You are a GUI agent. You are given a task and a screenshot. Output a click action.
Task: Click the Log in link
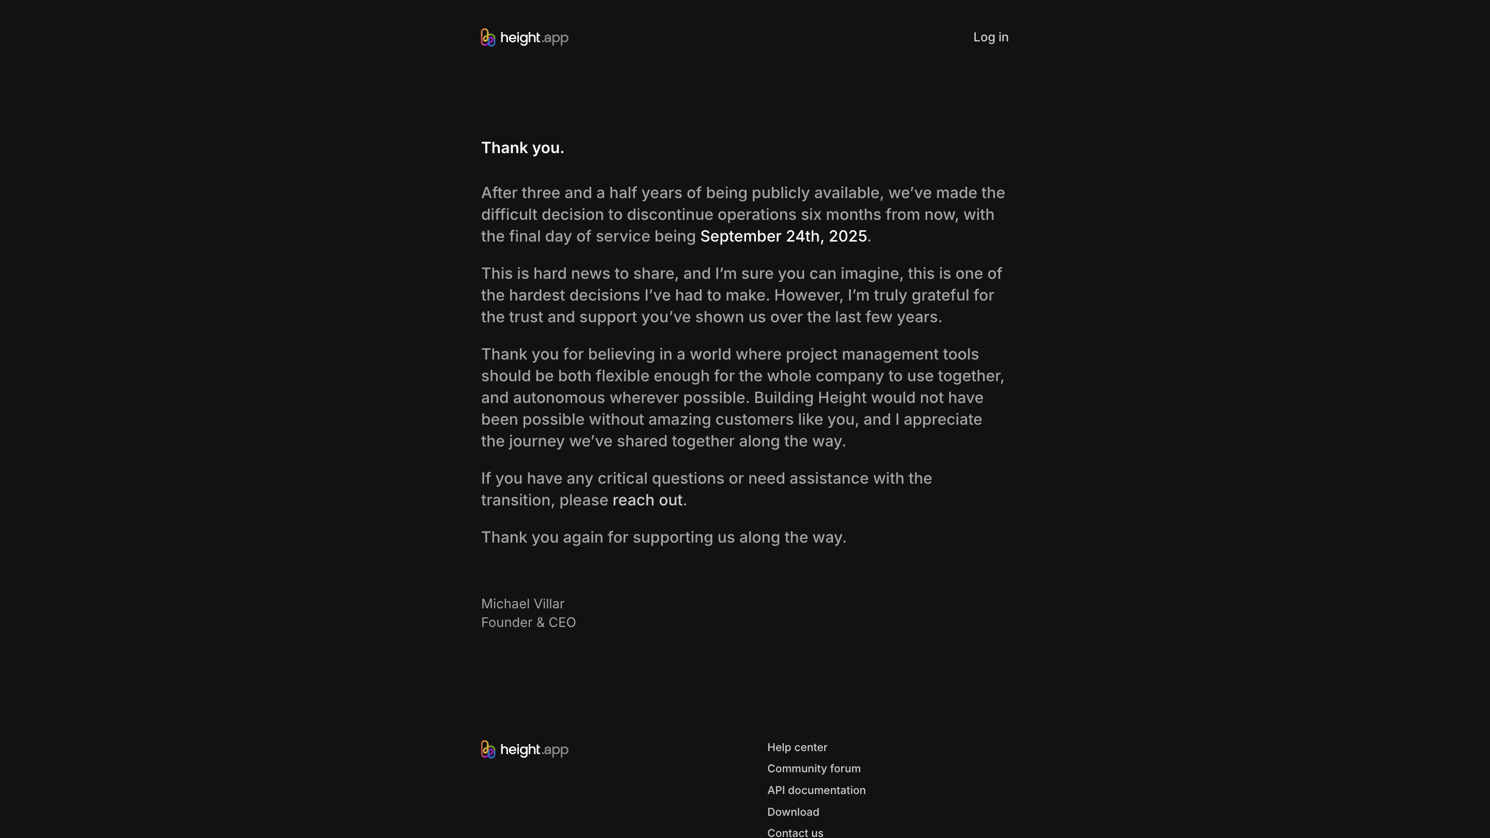coord(990,37)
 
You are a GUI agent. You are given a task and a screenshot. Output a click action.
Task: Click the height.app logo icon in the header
coord(487,38)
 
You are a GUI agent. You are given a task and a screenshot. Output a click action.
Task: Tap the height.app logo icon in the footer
coord(487,750)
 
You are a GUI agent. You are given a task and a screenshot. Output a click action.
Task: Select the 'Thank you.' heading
coord(523,148)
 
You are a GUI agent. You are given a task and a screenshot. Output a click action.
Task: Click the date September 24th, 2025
coord(783,236)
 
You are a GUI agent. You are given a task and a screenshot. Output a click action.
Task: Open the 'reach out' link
coord(647,500)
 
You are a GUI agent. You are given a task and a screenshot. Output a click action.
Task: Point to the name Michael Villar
coord(523,604)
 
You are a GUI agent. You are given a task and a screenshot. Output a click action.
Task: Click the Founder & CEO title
coord(528,622)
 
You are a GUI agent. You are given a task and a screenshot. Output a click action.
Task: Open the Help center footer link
coord(797,747)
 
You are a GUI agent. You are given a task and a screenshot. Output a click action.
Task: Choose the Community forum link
coord(813,769)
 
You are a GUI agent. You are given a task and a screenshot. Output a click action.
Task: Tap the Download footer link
coord(793,812)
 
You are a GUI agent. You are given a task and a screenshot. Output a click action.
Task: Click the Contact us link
coord(795,832)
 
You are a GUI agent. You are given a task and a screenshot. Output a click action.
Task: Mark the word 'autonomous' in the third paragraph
coord(559,398)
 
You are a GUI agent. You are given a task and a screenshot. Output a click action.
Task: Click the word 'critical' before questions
coord(622,478)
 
